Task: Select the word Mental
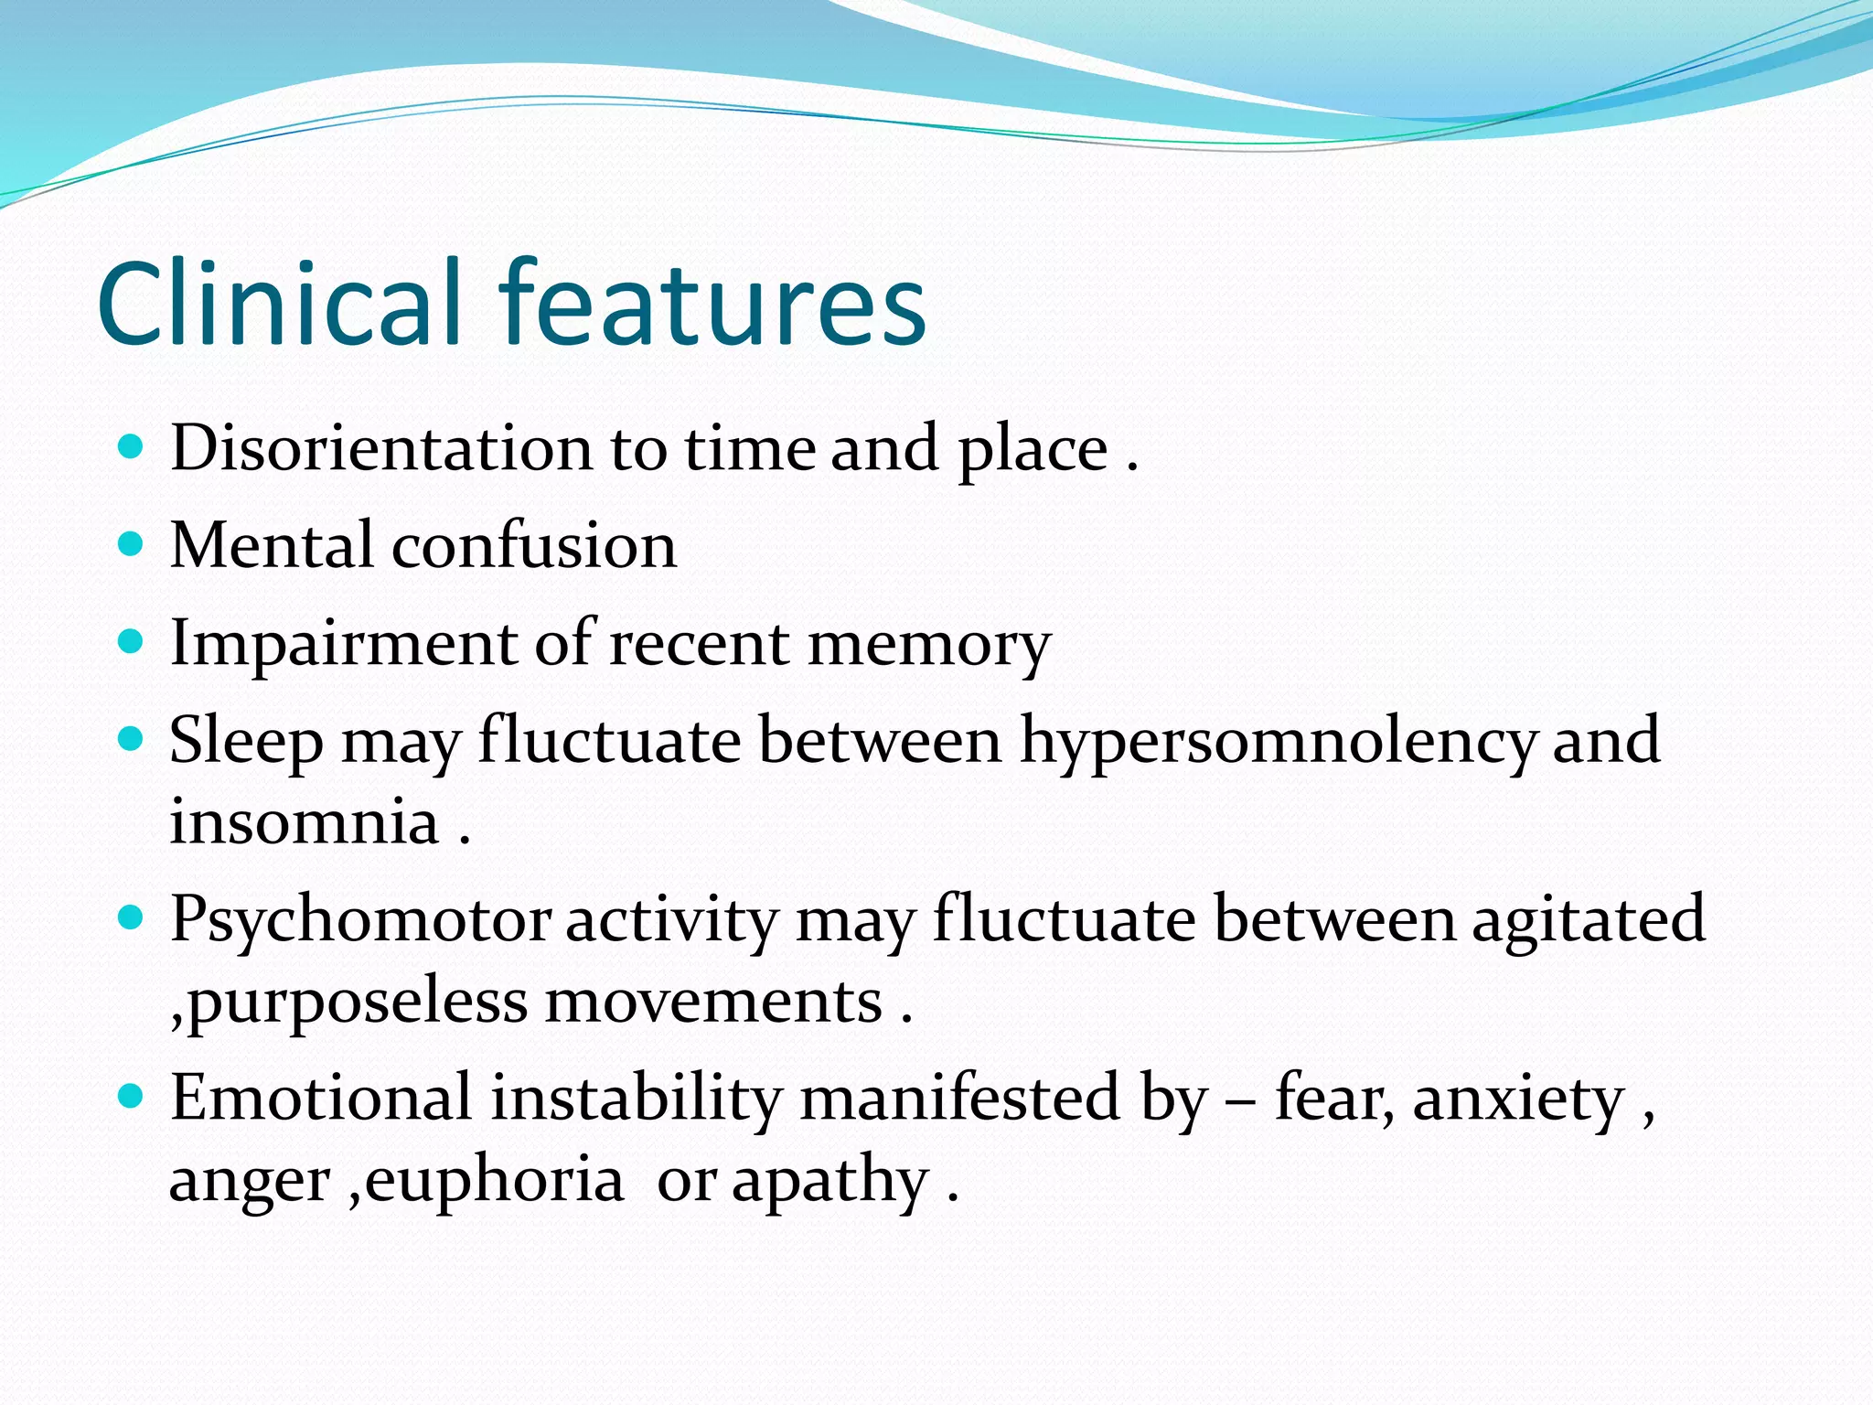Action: click(x=272, y=545)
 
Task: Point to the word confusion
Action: click(x=534, y=545)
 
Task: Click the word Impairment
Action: click(x=342, y=642)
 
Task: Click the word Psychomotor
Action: click(x=360, y=920)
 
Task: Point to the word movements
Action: click(x=713, y=1001)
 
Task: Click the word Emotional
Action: click(x=320, y=1097)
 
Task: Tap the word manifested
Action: click(x=959, y=1097)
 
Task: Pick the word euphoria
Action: click(x=494, y=1180)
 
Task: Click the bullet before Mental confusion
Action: click(x=132, y=545)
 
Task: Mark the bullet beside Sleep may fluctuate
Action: click(x=132, y=738)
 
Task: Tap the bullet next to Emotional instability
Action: click(x=132, y=1096)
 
